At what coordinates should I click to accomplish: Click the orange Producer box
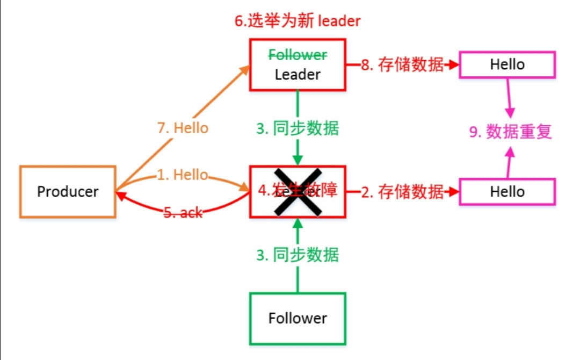tap(68, 192)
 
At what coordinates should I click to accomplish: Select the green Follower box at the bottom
tap(298, 318)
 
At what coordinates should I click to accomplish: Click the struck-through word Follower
tap(298, 55)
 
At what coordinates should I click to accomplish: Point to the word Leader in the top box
tap(298, 74)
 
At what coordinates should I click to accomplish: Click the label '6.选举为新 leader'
tap(297, 21)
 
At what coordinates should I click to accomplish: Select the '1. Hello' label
tap(183, 175)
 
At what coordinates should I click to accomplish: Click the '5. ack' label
tap(183, 212)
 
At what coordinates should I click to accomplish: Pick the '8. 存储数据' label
tap(402, 65)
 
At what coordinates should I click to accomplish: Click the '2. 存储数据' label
tap(402, 192)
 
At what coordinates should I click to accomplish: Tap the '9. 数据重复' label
tap(511, 132)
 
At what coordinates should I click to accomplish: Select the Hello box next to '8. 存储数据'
tap(507, 64)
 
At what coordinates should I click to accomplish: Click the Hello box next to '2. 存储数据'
tap(507, 192)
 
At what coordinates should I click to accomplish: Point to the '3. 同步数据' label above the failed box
tap(298, 129)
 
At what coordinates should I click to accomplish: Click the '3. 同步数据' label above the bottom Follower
tap(298, 255)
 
